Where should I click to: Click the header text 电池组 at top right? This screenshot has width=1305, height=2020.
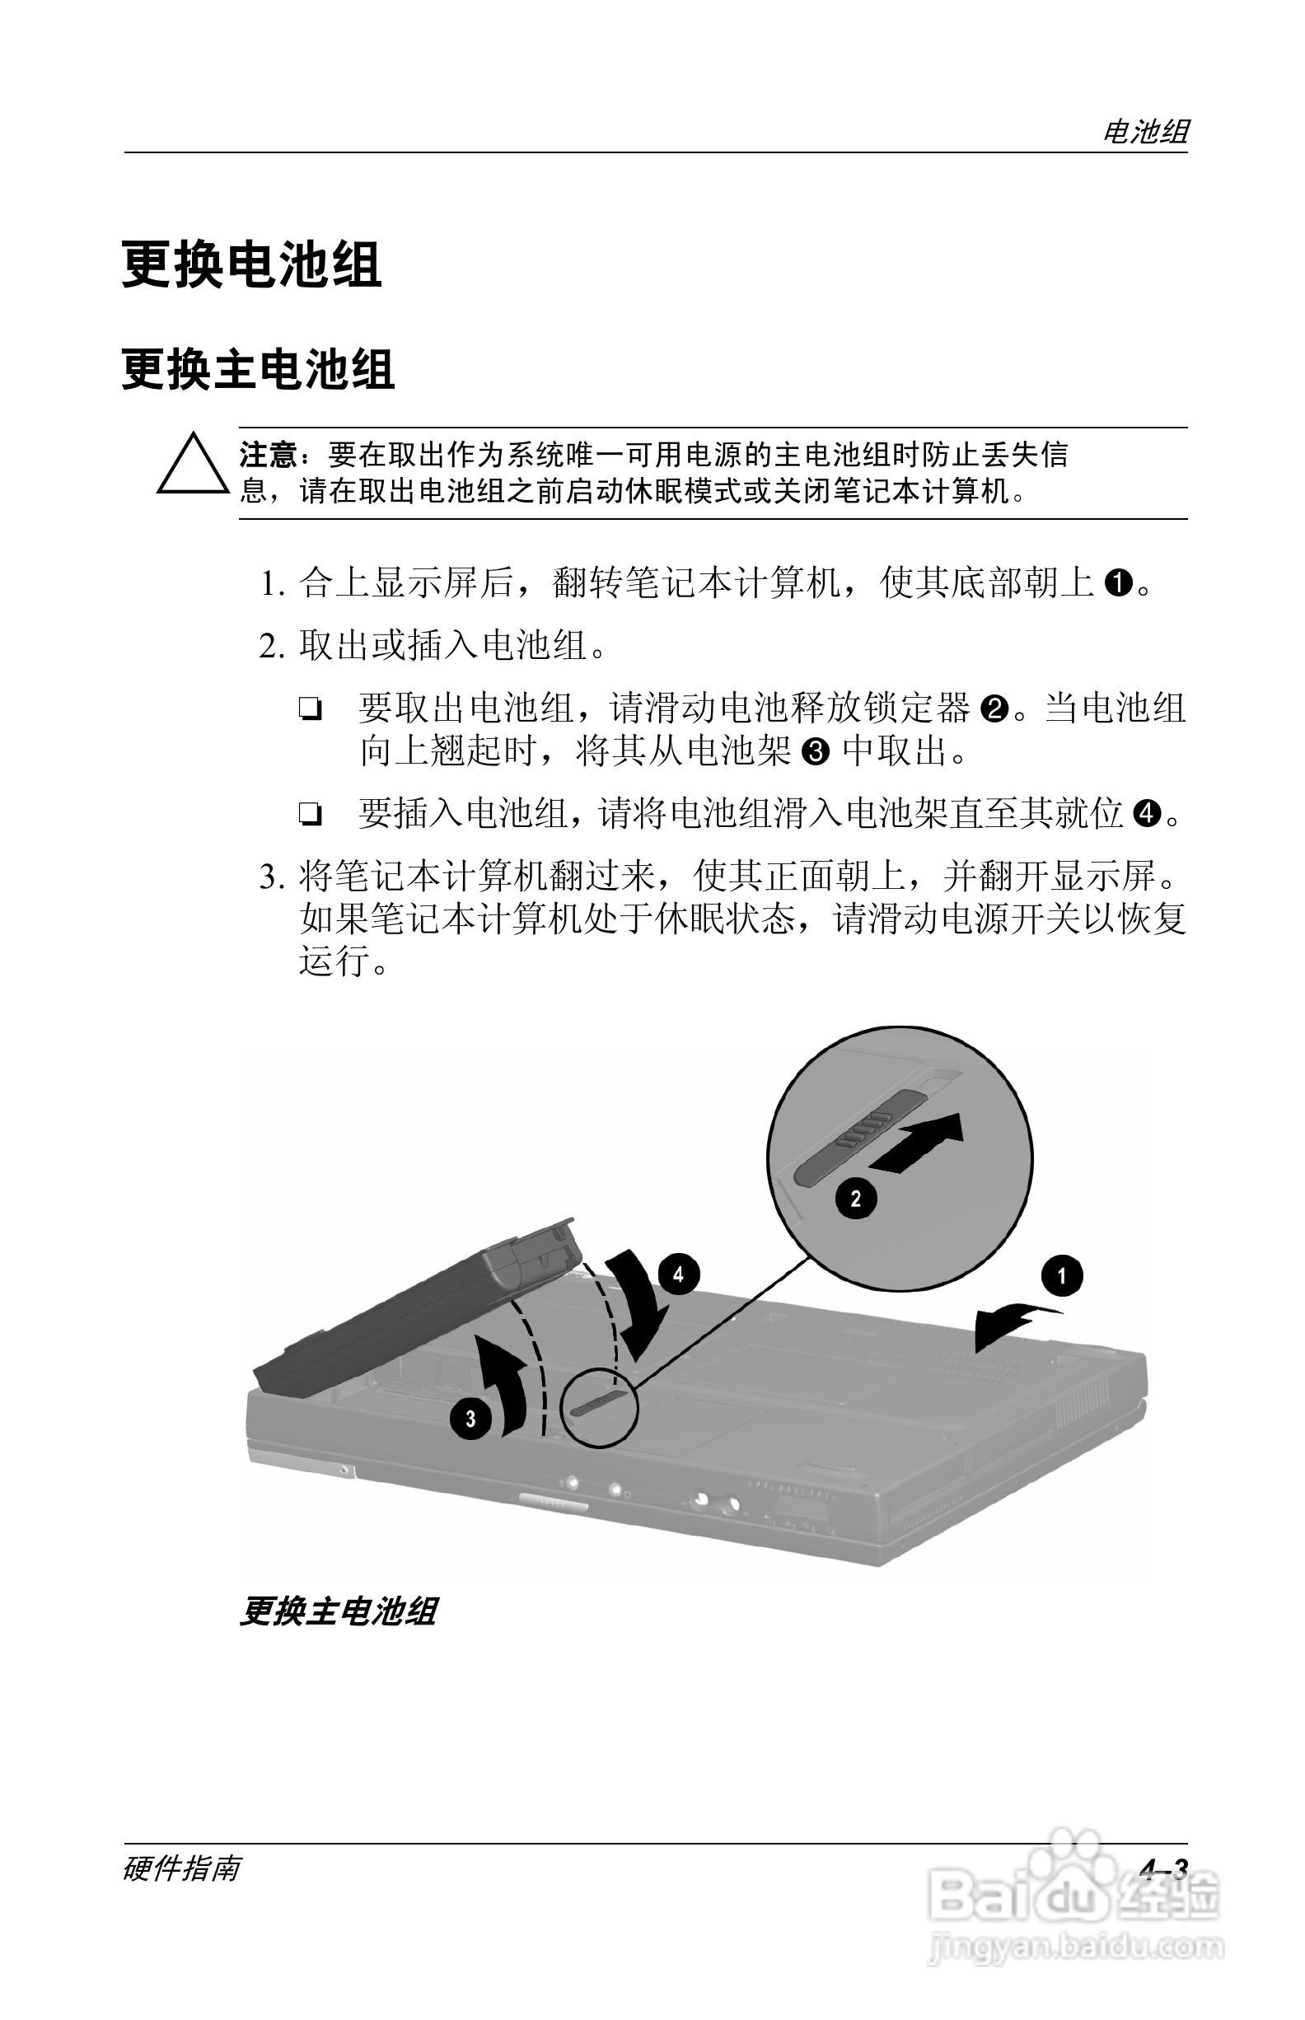1145,131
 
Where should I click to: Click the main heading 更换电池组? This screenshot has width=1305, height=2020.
251,264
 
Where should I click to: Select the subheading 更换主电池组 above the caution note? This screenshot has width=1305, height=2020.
258,369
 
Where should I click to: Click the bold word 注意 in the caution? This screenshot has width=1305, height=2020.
268,455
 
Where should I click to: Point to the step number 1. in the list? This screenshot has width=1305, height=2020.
272,584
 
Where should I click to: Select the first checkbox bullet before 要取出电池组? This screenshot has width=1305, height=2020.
310,709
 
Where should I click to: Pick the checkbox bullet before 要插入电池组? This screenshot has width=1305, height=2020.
310,815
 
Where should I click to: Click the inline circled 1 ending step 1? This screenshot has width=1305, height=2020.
1120,583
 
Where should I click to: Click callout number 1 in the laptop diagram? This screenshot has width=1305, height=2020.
1061,1276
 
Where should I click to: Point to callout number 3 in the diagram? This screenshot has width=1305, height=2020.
470,1419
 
